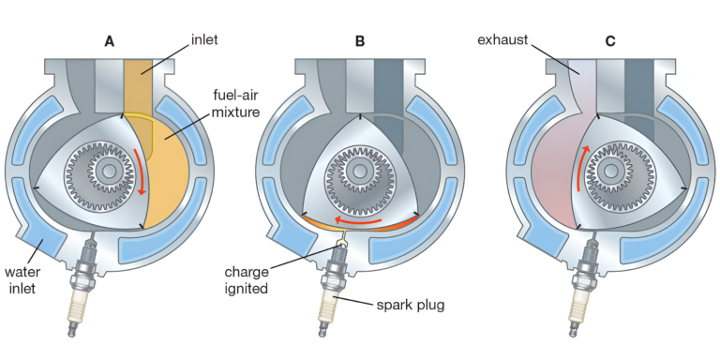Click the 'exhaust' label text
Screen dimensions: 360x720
coord(504,40)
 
